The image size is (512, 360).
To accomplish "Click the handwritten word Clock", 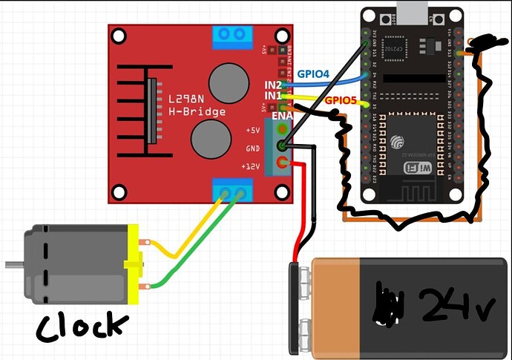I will [82, 327].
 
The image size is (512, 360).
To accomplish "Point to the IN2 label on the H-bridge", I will [273, 85].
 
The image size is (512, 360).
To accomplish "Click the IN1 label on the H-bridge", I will [273, 96].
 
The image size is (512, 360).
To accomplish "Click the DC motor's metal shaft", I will [13, 264].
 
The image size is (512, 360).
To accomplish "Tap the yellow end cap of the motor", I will [134, 264].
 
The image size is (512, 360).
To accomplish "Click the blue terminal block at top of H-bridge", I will [231, 36].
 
